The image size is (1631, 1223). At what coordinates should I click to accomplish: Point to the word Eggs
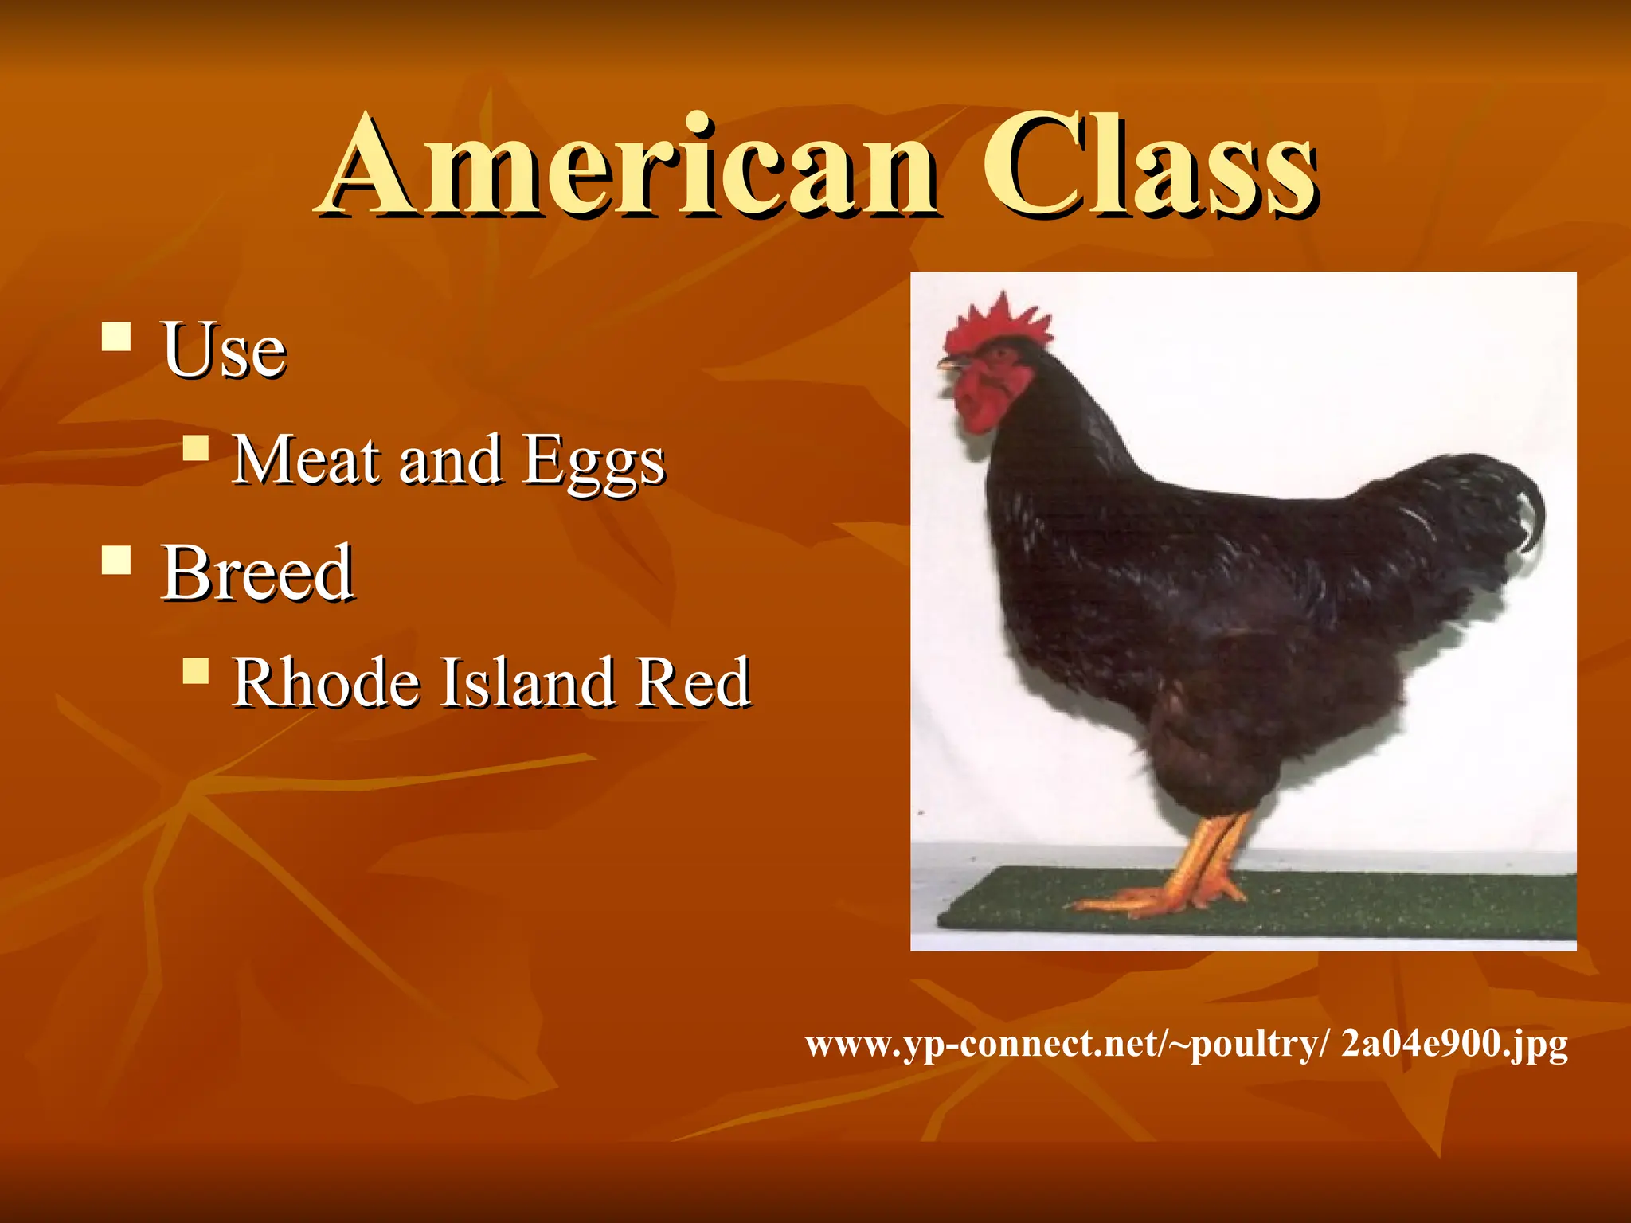(593, 462)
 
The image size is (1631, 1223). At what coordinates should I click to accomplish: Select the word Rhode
(325, 682)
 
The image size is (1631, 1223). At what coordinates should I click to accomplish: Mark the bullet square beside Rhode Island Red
(195, 670)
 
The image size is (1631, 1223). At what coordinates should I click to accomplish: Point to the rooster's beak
(949, 365)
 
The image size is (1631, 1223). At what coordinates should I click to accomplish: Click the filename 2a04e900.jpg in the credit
(1454, 1043)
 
